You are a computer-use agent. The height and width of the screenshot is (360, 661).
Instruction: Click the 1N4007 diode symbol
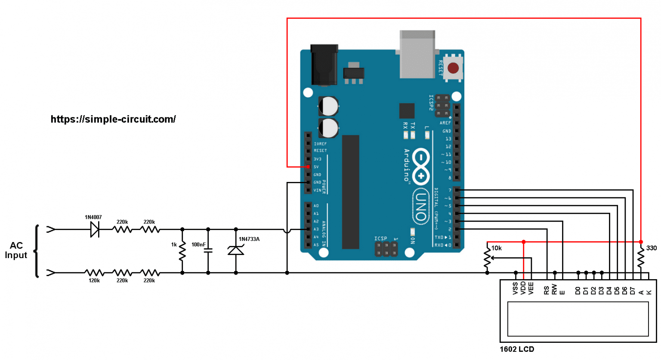coord(95,229)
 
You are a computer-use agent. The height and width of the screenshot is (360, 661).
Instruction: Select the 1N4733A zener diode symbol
coord(235,250)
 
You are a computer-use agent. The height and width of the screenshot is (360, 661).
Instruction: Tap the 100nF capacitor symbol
coord(208,251)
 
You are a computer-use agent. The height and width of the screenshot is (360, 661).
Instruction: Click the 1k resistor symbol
coord(182,251)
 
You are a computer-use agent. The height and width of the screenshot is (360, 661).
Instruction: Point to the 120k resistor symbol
coord(94,273)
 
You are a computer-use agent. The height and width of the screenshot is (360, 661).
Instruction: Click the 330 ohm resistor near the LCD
coord(641,257)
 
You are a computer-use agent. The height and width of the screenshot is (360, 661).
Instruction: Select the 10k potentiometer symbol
coord(487,258)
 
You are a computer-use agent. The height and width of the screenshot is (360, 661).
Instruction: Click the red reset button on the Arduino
coord(453,68)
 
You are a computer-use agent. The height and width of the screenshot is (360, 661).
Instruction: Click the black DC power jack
coord(324,65)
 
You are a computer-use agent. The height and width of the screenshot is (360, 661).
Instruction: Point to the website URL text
coord(113,119)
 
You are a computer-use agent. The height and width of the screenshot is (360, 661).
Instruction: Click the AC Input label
coord(16,250)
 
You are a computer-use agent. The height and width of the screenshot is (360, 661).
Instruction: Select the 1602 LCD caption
coord(517,349)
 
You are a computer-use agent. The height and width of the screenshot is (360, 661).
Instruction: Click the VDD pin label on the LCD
coord(523,288)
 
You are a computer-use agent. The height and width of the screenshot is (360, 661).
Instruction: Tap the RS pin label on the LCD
coord(547,290)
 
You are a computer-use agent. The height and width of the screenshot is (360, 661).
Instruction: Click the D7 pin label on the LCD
coord(633,291)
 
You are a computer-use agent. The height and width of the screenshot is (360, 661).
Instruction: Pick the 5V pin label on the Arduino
coord(316,167)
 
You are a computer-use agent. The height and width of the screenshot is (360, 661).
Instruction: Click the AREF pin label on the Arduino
coord(445,123)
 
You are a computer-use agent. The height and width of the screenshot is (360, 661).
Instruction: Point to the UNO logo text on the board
coord(421,207)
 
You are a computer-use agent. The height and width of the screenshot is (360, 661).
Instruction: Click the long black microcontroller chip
coord(350,192)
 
